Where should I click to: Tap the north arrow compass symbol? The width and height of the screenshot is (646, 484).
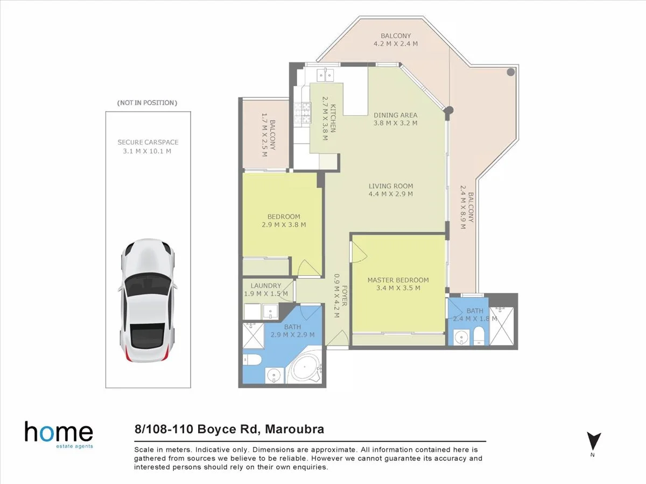point(593,441)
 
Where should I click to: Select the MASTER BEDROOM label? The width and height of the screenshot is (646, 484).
point(398,280)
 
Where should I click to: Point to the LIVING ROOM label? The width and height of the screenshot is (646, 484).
point(391,186)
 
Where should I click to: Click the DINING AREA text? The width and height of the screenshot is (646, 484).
point(396,115)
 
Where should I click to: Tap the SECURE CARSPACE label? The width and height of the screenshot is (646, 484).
point(148,143)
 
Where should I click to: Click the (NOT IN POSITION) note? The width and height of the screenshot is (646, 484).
point(147,102)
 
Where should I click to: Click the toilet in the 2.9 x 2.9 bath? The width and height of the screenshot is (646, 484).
point(252,360)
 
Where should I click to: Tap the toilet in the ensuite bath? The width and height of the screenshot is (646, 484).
point(480,338)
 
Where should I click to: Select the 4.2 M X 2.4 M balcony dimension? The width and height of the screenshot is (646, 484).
point(396,44)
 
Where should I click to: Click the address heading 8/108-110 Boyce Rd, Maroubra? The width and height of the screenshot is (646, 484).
point(229,430)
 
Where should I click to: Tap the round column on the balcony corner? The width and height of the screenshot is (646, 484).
point(511,71)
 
